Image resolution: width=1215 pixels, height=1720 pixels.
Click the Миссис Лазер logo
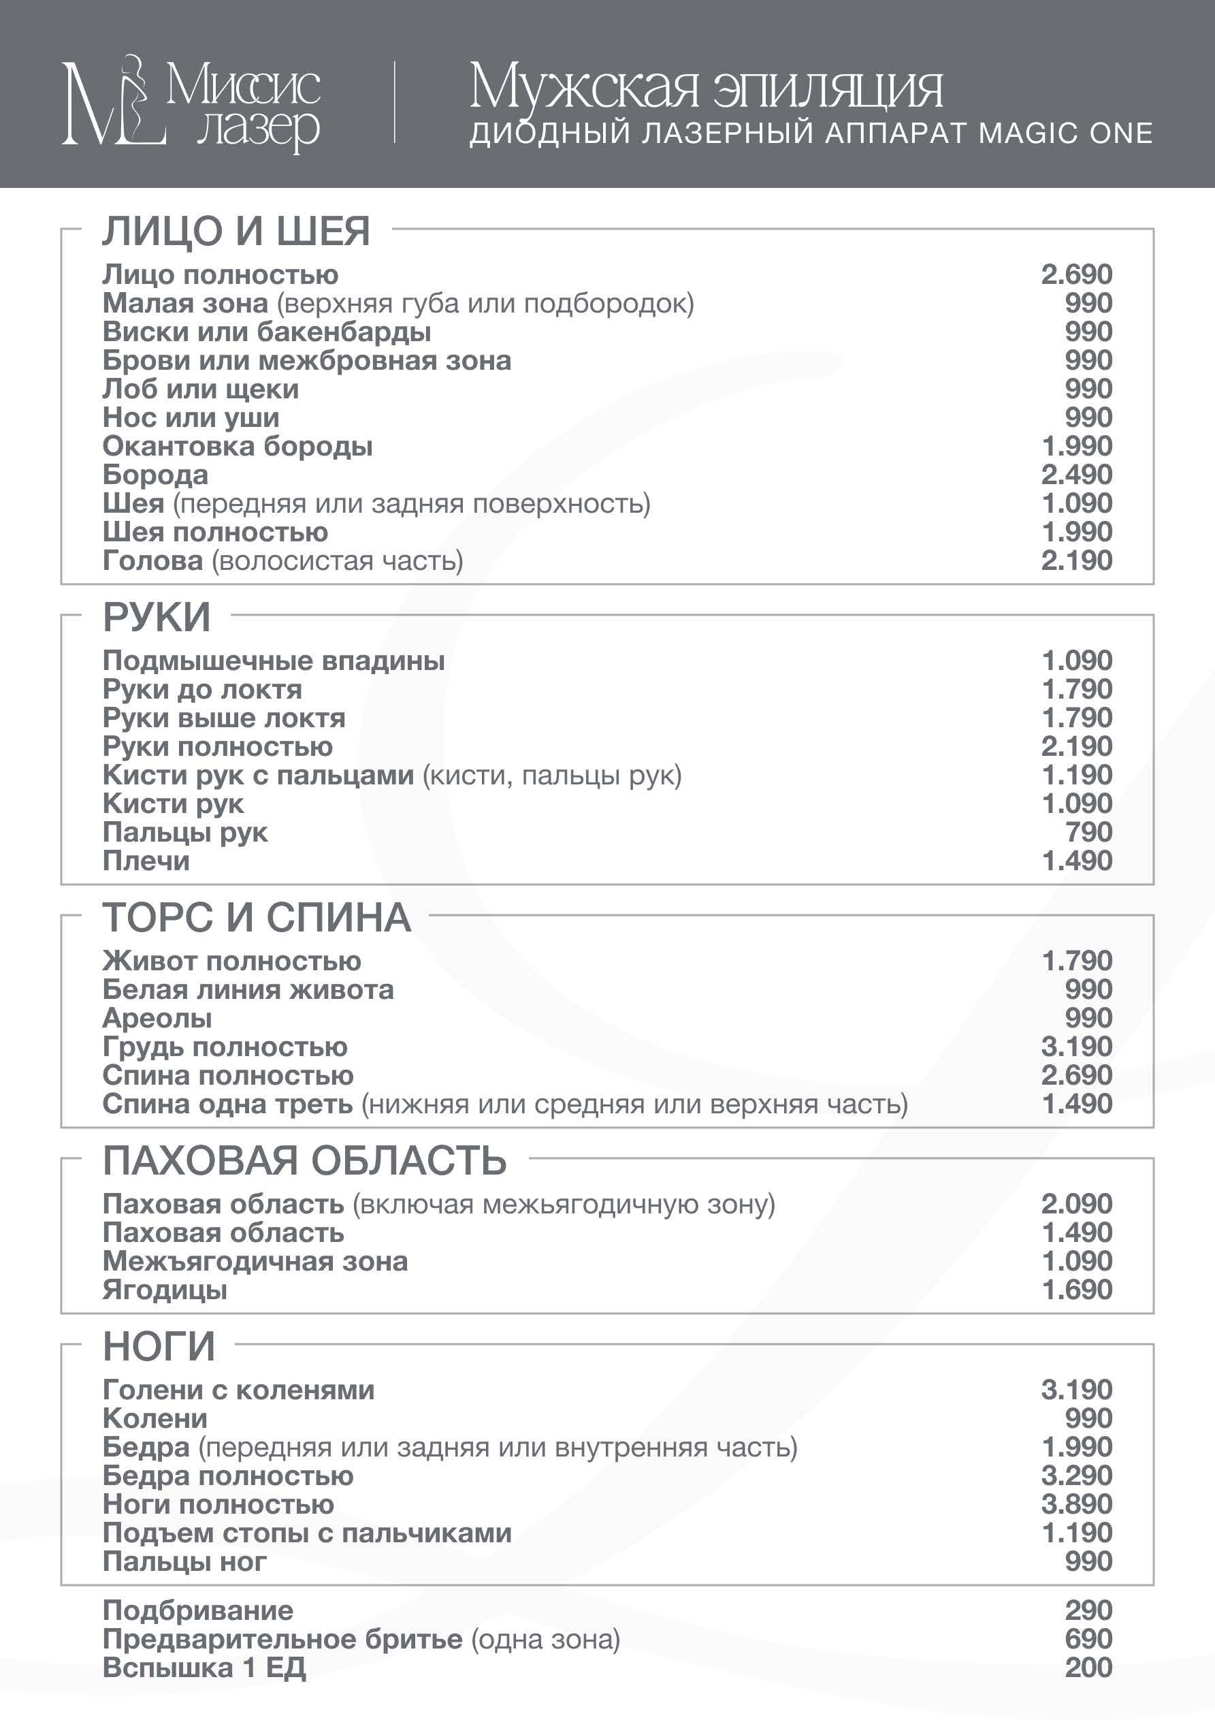[x=191, y=103]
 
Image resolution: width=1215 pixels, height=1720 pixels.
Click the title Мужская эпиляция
[x=705, y=87]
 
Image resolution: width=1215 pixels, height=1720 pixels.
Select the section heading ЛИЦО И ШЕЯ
[x=236, y=231]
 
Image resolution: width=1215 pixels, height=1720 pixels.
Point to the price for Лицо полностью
[x=1076, y=275]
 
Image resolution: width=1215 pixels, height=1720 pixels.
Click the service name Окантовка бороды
[x=238, y=447]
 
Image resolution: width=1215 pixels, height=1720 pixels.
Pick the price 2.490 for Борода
[x=1076, y=475]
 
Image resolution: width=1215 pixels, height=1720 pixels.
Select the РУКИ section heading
[x=157, y=618]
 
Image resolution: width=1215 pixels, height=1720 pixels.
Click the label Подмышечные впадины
[x=274, y=660]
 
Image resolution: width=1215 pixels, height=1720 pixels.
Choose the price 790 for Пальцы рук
[x=1088, y=832]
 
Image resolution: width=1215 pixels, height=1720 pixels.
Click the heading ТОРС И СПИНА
[x=257, y=918]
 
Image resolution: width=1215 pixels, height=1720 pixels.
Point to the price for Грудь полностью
[x=1076, y=1047]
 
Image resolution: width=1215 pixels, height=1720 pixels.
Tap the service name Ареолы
[x=157, y=1019]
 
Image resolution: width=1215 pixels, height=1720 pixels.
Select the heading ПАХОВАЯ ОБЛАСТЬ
[x=305, y=1160]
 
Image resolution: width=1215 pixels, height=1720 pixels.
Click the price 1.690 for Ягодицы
[x=1076, y=1290]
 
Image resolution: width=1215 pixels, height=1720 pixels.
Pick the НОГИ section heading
[x=159, y=1346]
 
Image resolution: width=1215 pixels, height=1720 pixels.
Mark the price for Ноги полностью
[x=1076, y=1504]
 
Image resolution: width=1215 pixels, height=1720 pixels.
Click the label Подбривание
[x=198, y=1610]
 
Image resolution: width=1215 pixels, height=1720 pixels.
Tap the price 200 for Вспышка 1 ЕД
[x=1088, y=1668]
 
